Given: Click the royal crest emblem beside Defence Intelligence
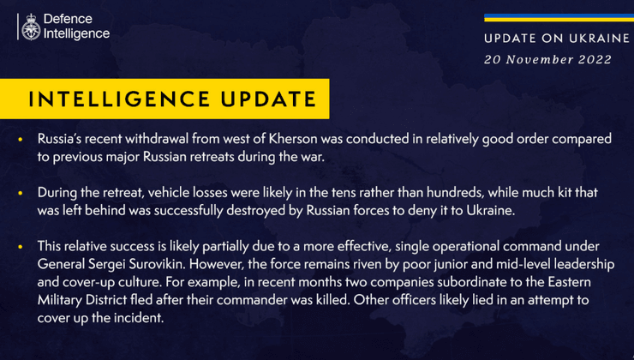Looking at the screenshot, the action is [x=31, y=27].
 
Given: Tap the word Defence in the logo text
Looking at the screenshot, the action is [x=68, y=19].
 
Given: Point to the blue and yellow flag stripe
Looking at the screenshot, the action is [x=559, y=18].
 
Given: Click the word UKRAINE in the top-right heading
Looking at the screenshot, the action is [x=599, y=39].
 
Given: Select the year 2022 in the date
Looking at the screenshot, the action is [x=595, y=59].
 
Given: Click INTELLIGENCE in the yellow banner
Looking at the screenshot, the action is [x=119, y=99].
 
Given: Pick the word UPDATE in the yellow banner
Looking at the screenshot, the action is [x=268, y=99].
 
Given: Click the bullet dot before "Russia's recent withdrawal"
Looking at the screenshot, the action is [x=21, y=139].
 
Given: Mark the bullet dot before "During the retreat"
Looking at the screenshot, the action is [x=21, y=193].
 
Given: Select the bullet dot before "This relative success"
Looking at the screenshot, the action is [x=21, y=247].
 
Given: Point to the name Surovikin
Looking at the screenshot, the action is [x=158, y=264].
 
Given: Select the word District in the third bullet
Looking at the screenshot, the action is [x=107, y=300].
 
